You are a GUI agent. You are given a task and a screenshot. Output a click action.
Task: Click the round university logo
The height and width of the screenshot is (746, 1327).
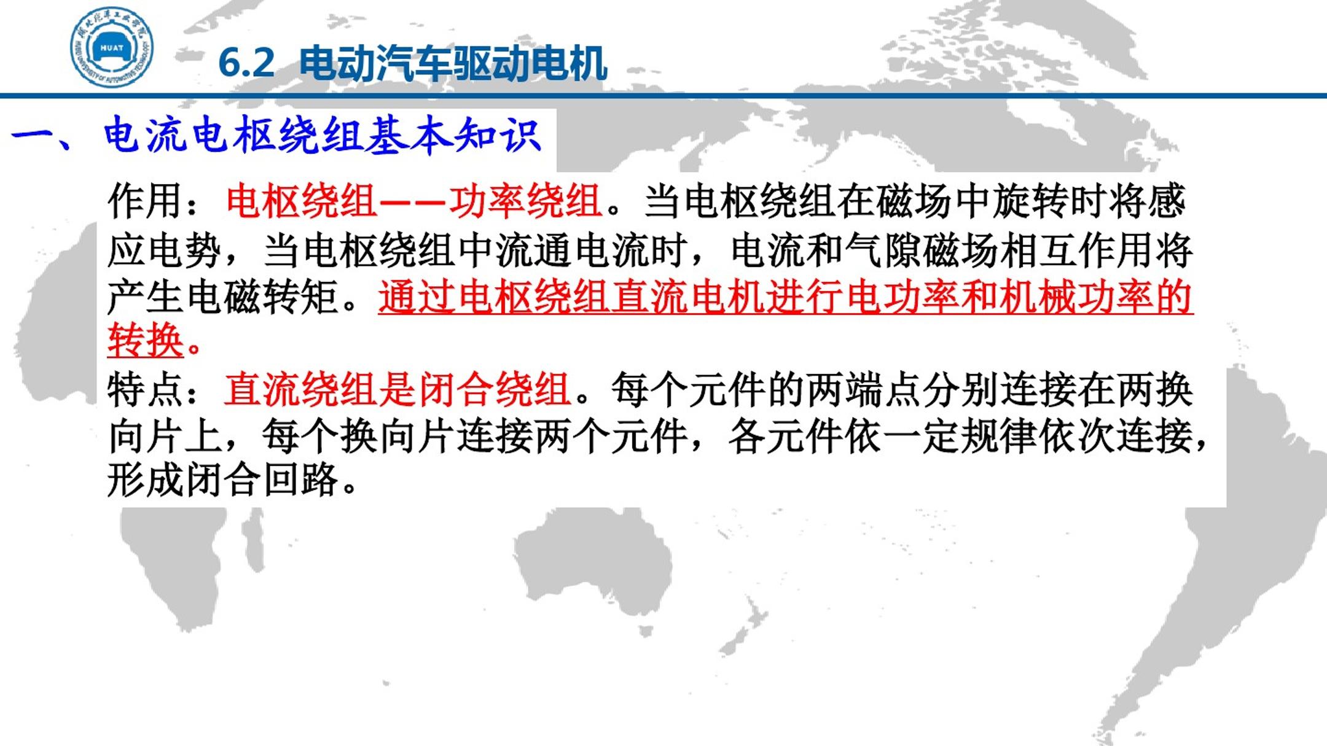[x=112, y=48]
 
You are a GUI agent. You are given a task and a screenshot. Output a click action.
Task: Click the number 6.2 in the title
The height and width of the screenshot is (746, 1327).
[x=246, y=63]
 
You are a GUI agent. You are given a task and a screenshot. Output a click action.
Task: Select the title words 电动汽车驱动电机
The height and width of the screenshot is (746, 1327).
[x=453, y=63]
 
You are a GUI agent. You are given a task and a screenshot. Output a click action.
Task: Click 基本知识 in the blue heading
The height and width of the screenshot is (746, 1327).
[x=455, y=135]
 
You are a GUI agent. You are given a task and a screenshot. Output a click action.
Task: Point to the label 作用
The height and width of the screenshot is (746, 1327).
[x=145, y=201]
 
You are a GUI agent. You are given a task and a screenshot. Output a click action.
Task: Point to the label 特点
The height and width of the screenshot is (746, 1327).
[x=145, y=389]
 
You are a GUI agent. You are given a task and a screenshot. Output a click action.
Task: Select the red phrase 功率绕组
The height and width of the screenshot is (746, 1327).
[x=525, y=201]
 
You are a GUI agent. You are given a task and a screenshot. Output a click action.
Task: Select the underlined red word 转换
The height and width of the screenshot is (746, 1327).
[x=146, y=341]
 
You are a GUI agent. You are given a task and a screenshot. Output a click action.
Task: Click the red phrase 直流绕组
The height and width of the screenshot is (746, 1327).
[x=300, y=389]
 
